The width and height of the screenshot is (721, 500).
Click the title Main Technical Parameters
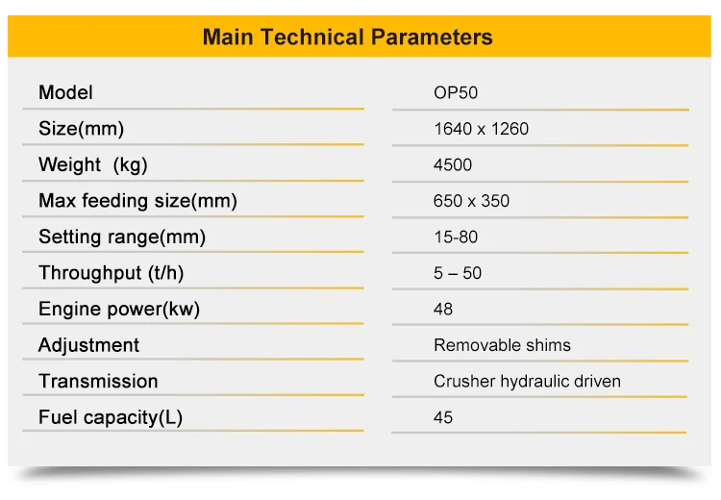pos(347,37)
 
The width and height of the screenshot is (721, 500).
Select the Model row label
pos(65,93)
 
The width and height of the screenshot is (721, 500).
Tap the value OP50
pos(456,93)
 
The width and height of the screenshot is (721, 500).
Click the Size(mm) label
pos(81,129)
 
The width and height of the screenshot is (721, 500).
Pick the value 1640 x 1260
pos(481,129)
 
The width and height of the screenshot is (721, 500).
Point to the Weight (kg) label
pos(92,164)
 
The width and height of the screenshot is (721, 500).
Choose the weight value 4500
pos(453,164)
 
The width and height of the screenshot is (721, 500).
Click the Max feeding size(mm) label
pos(137,201)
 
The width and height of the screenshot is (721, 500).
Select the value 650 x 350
pos(471,201)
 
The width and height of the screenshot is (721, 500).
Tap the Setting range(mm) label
pos(122,237)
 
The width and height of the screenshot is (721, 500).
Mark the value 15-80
pos(456,237)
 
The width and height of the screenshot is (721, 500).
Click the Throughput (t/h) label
pos(111,273)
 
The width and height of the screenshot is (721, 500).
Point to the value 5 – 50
pos(458,273)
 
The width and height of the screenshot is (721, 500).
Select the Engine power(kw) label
pos(119,309)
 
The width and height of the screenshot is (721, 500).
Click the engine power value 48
pos(443,309)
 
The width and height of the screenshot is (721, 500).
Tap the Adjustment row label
pos(88,345)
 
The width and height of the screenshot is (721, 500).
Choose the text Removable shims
pos(502,345)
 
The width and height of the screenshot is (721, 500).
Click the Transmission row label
pos(98,381)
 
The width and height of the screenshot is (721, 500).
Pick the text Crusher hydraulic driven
pos(527,381)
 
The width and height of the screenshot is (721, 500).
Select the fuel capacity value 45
pos(443,417)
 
